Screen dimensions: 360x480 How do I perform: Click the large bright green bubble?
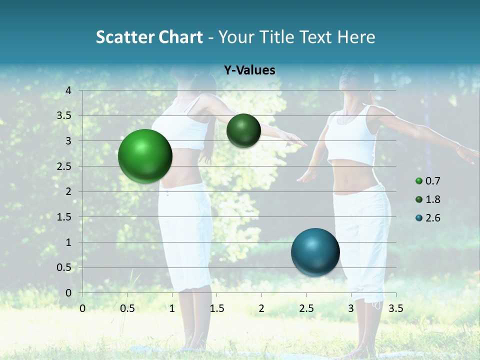[x=145, y=156]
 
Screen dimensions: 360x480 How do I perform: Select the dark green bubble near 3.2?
[x=243, y=130]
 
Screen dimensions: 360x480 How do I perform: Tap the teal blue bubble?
[x=315, y=252]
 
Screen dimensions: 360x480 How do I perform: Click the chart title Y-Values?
[x=249, y=70]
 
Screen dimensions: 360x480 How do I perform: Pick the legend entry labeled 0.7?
[x=428, y=181]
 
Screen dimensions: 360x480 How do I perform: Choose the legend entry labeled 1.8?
[x=428, y=199]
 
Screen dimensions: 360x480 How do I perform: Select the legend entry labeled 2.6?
[x=428, y=218]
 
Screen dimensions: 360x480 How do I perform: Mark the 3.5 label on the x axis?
[x=395, y=308]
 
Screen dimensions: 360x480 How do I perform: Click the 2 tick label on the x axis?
[x=261, y=308]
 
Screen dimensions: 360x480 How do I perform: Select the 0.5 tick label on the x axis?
[x=127, y=308]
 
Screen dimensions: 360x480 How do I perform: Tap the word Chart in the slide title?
[x=180, y=37]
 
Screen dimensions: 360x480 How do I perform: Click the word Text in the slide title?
[x=315, y=37]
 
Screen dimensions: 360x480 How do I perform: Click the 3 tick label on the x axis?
[x=351, y=308]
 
